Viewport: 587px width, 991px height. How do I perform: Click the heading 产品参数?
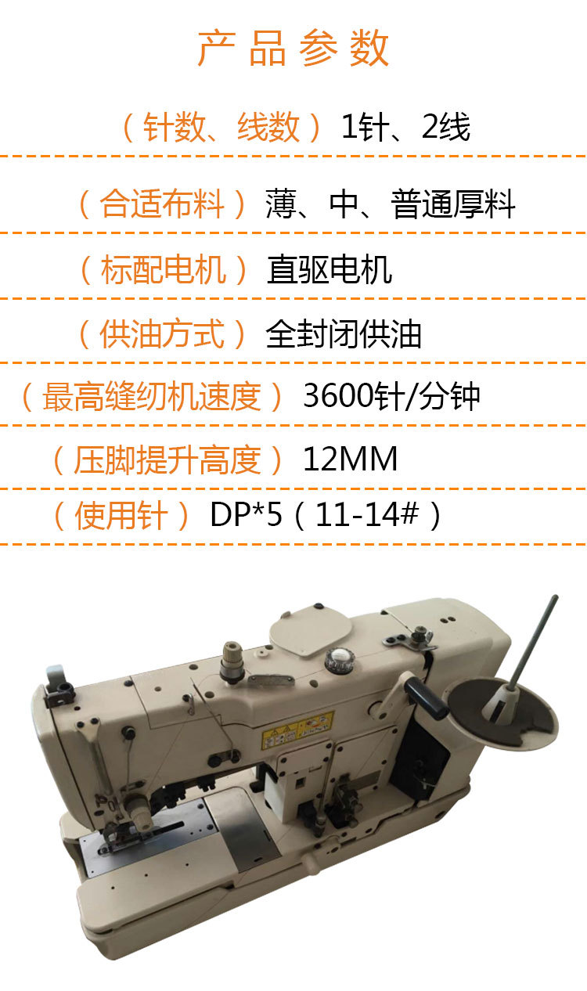click(293, 49)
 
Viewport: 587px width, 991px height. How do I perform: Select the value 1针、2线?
click(405, 128)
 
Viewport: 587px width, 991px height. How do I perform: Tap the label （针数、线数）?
click(222, 128)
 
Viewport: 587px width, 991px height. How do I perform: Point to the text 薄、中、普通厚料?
click(391, 205)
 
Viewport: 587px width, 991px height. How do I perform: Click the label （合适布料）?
click(163, 205)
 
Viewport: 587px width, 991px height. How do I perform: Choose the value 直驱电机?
click(330, 270)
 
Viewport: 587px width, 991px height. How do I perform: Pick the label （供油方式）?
click(163, 334)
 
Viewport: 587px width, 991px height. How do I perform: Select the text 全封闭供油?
click(344, 334)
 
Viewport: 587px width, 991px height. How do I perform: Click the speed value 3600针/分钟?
click(391, 397)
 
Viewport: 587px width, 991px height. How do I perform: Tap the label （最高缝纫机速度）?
click(152, 397)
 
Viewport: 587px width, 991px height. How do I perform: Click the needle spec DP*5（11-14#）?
click(327, 516)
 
